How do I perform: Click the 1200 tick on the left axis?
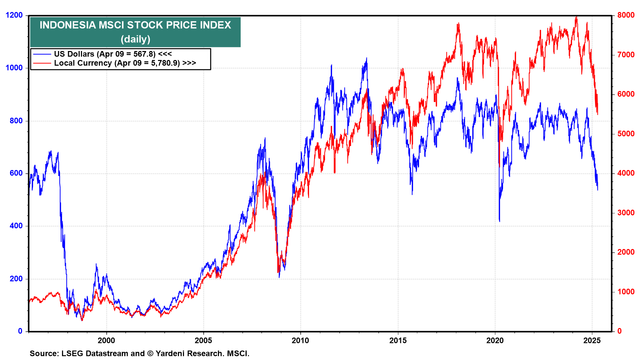[14, 15]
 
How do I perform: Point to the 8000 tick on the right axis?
[626, 15]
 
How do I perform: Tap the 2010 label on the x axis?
[300, 340]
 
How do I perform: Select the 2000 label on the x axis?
[106, 340]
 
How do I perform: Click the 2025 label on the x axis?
[592, 340]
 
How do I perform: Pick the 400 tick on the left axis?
[16, 226]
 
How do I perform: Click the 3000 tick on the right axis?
[626, 213]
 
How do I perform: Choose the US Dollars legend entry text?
[113, 54]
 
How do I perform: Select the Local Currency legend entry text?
[125, 63]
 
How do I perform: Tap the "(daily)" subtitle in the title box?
[135, 39]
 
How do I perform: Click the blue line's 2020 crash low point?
[499, 221]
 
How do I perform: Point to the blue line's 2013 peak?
[367, 58]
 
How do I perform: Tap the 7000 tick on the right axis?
[626, 55]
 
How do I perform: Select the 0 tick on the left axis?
[20, 331]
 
